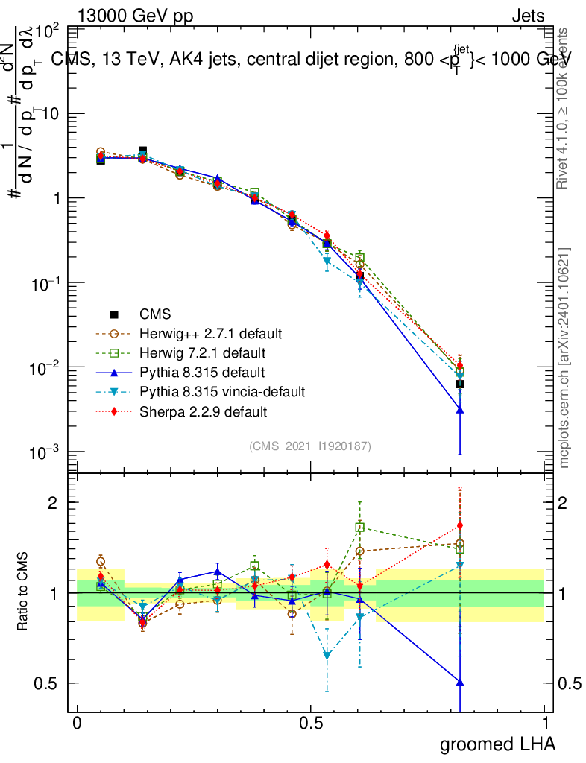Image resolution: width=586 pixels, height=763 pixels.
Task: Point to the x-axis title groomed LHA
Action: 497,744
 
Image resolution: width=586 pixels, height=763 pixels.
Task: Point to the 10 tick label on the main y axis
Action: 51,114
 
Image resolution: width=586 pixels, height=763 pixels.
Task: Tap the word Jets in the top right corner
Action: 528,15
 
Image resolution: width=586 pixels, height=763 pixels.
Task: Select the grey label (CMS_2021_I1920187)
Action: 310,446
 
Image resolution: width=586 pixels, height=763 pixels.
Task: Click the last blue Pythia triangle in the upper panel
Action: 460,409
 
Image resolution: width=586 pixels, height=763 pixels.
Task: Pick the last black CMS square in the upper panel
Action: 460,384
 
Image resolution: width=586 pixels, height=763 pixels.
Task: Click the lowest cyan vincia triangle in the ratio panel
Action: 327,655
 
